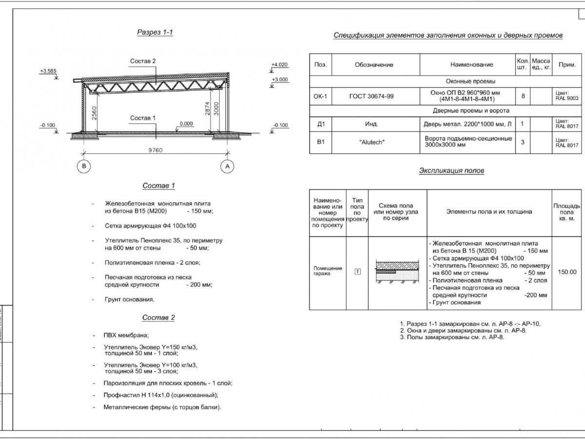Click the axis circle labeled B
coord(84,166)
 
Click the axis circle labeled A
coord(227,166)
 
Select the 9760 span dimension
coord(156,150)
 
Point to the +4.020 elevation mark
coord(280,64)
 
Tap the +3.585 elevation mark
coord(48,71)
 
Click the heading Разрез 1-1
coord(155,33)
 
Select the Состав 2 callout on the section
coord(143,61)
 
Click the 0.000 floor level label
coord(186,124)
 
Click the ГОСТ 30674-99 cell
coord(371,97)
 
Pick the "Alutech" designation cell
coord(371,143)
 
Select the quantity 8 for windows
coord(523,96)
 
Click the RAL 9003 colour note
coord(566,96)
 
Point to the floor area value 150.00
coord(566,272)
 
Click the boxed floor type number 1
coord(357,272)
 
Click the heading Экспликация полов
coord(451,171)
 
